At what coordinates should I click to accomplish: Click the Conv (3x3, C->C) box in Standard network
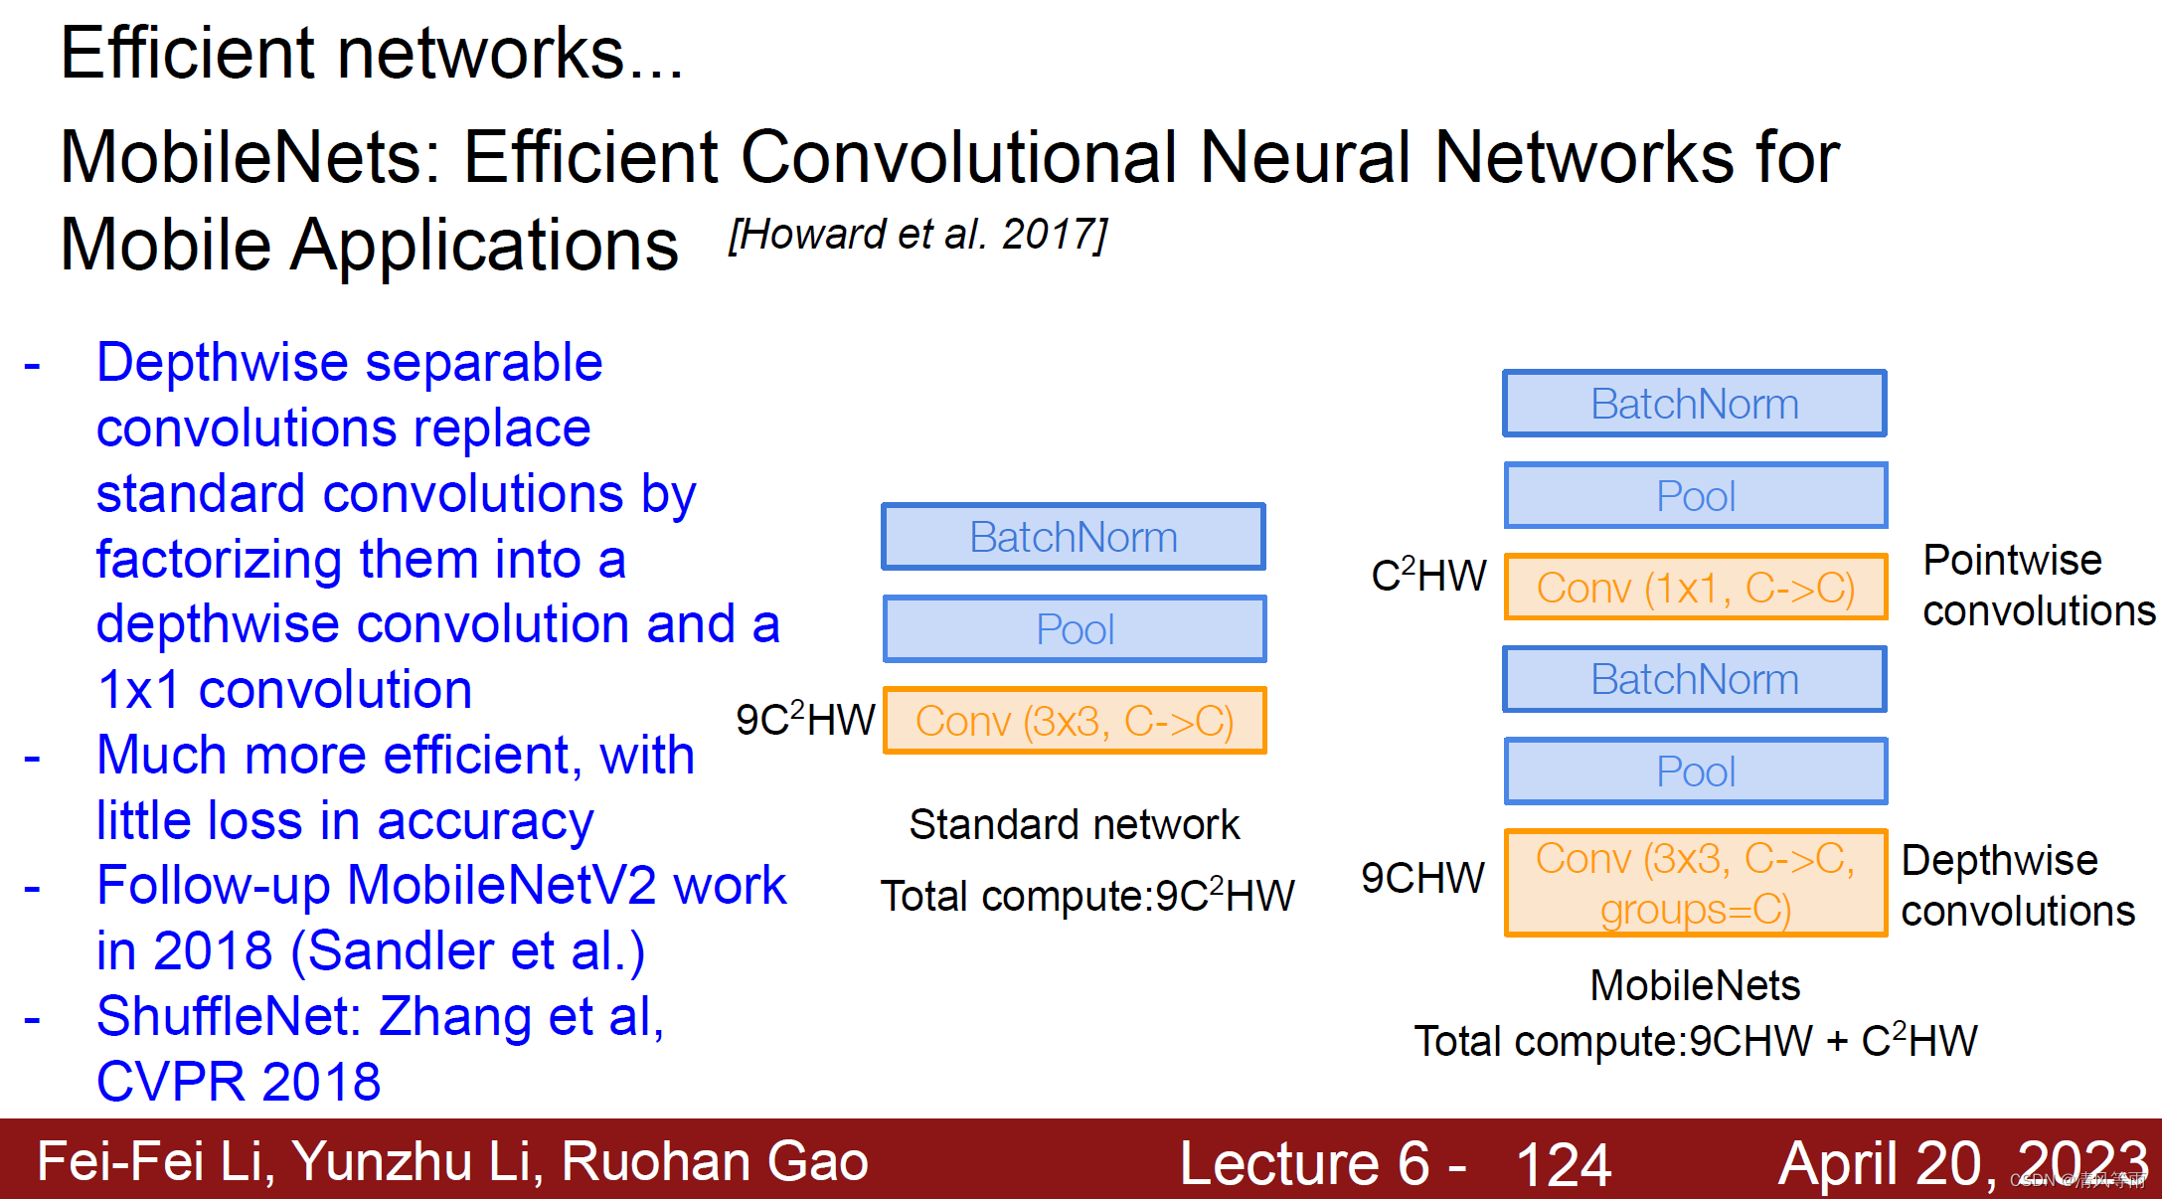(1074, 721)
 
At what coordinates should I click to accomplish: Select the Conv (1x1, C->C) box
(1695, 588)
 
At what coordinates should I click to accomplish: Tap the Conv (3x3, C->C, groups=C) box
(1695, 883)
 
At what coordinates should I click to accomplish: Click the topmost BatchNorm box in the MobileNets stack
(1695, 404)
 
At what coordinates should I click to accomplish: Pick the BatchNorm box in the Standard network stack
(1074, 537)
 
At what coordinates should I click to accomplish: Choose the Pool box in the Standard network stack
(1074, 629)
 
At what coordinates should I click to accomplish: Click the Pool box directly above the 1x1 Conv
(1695, 495)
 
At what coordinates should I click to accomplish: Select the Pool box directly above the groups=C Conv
(1695, 771)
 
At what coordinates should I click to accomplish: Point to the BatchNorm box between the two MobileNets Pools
(1695, 680)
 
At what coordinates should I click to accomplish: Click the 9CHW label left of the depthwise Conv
(1422, 878)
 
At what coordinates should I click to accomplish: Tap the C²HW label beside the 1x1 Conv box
(1428, 575)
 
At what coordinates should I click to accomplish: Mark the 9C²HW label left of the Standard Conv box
(805, 719)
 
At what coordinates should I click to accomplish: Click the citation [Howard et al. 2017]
(917, 235)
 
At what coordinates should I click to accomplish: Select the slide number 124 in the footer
(1563, 1164)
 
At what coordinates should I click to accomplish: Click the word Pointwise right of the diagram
(2012, 560)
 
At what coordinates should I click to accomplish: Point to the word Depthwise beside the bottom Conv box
(1999, 860)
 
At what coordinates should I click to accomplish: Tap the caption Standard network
(1074, 824)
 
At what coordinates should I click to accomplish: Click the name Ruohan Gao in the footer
(715, 1161)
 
